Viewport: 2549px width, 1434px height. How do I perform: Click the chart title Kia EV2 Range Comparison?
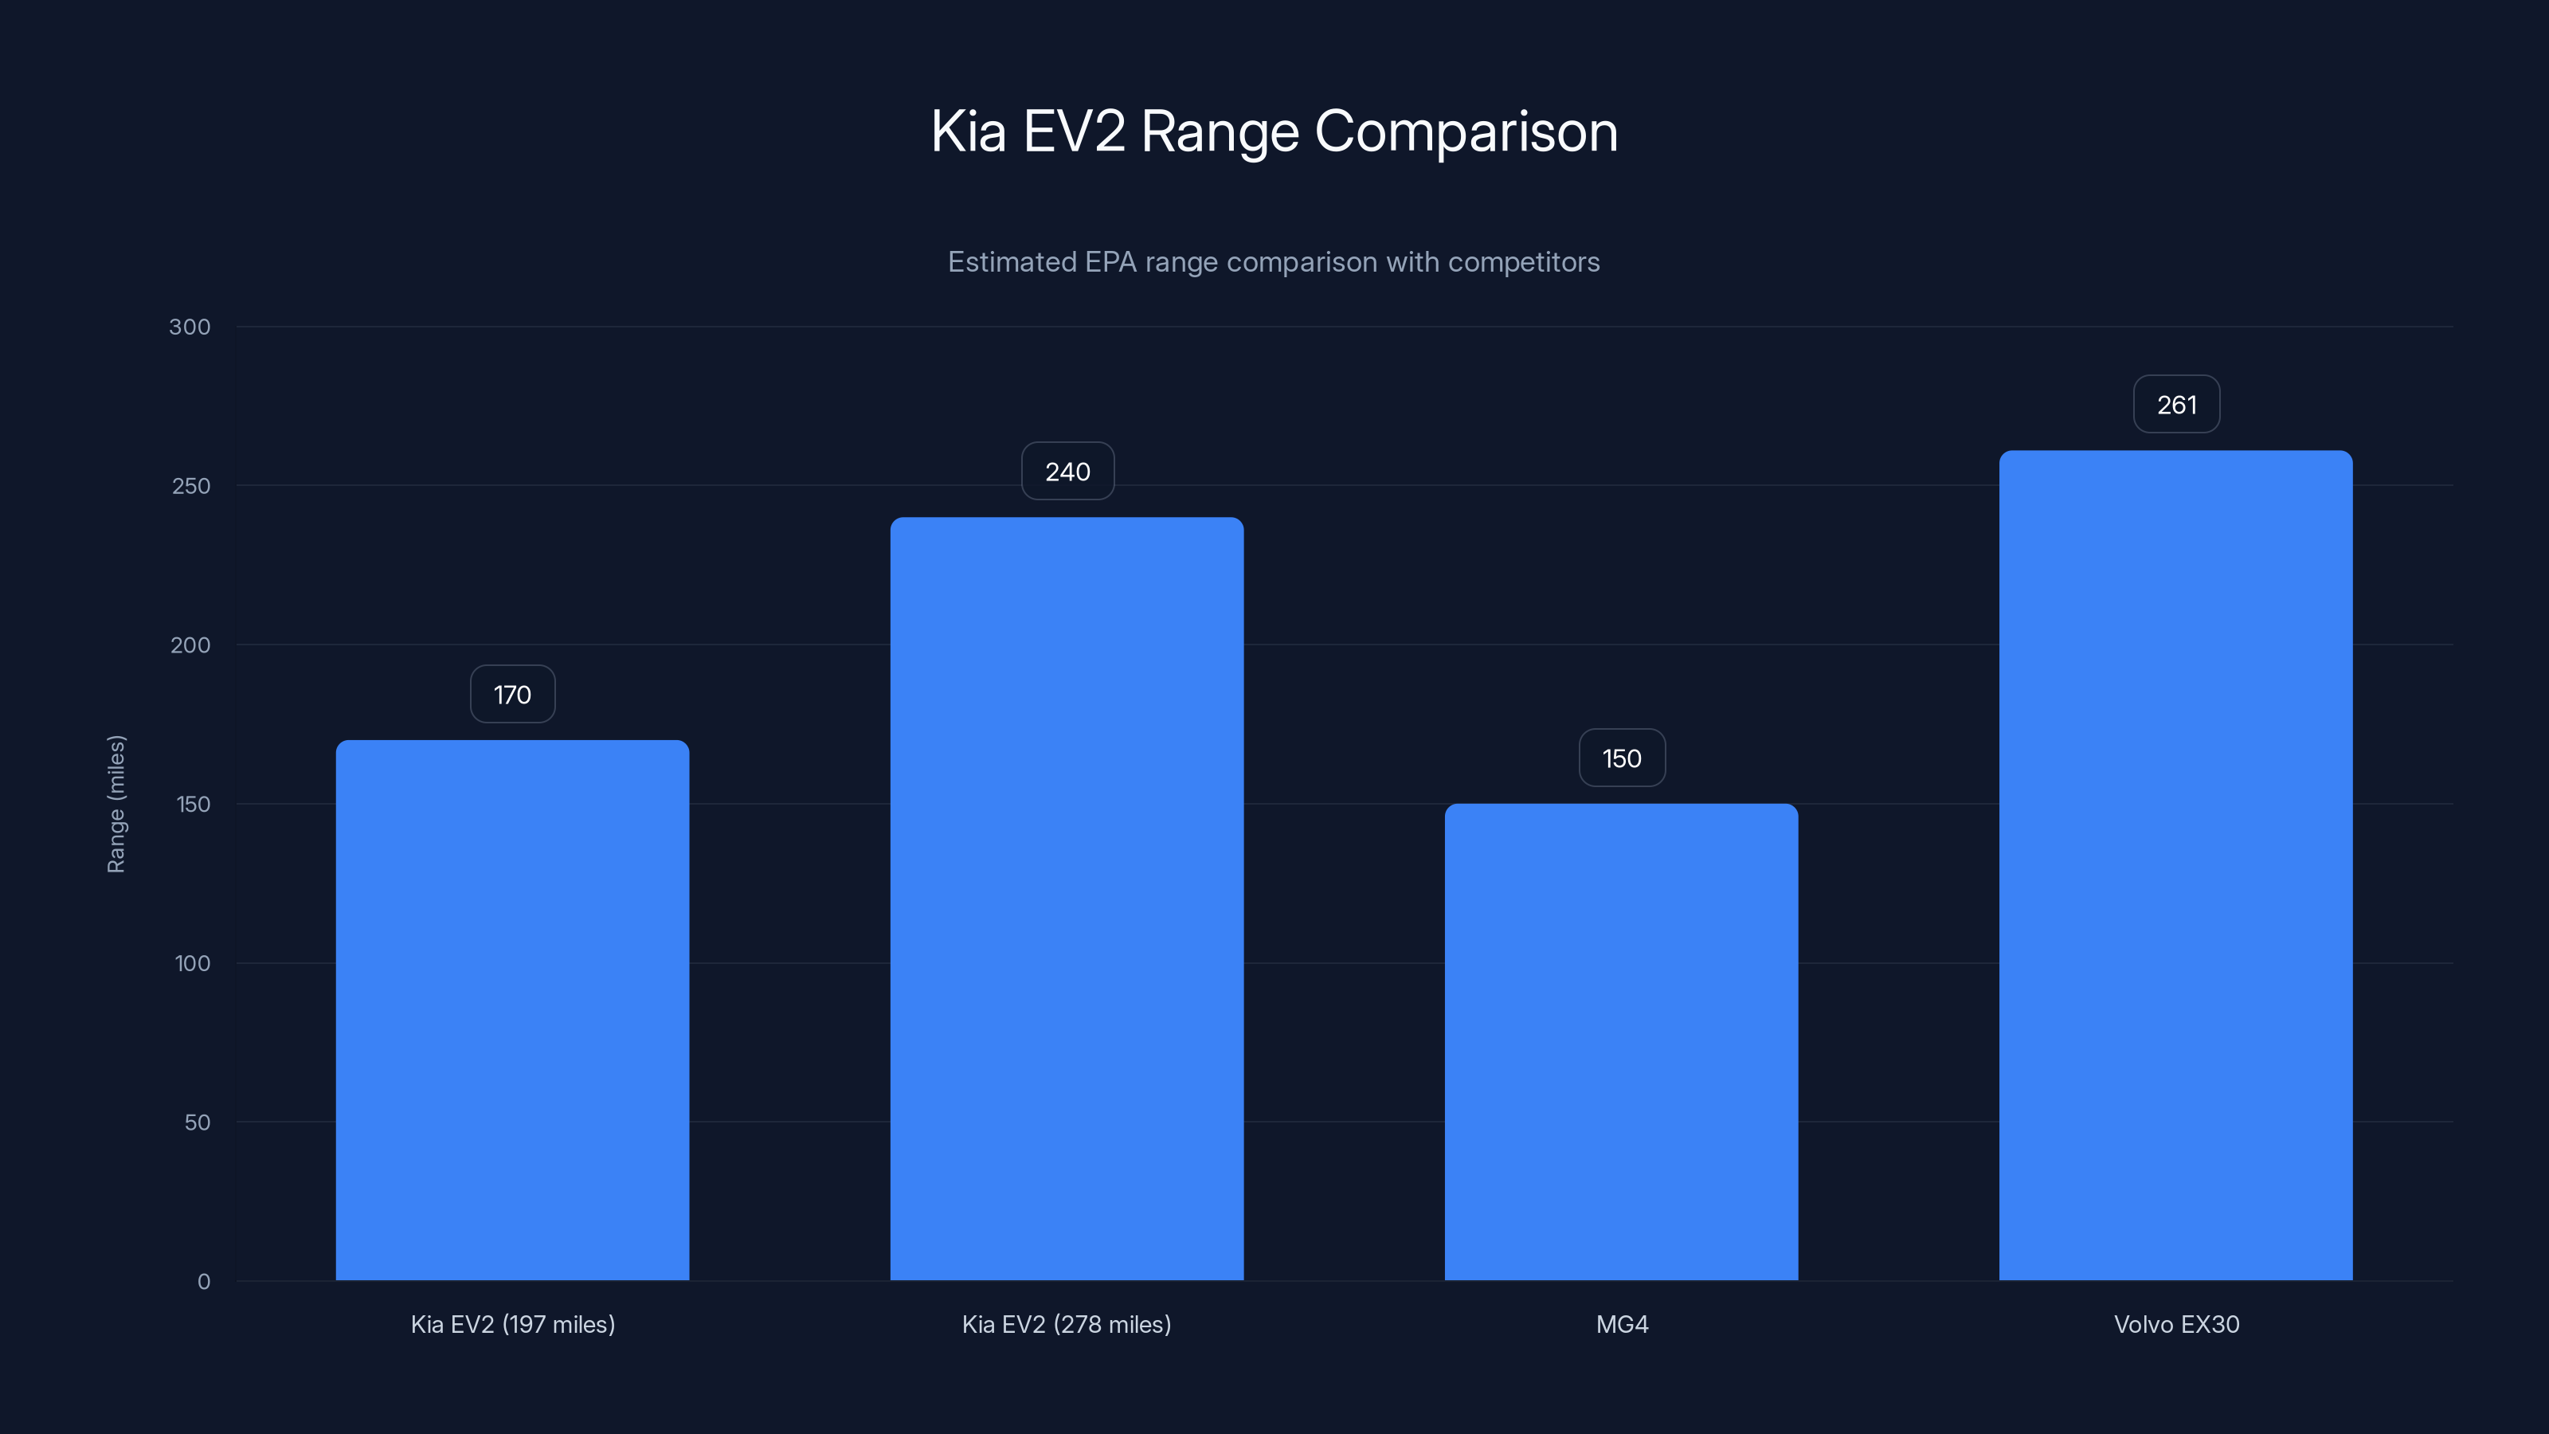click(1274, 131)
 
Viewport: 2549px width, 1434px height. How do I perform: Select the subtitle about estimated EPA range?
click(1274, 262)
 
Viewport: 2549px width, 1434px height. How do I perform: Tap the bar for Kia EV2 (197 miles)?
click(512, 1009)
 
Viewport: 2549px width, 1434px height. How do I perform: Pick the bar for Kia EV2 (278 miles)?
click(1067, 899)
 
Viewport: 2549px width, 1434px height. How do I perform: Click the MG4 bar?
click(1621, 1041)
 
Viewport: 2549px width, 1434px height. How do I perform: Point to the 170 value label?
click(512, 695)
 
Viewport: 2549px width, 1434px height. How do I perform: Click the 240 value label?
click(1067, 472)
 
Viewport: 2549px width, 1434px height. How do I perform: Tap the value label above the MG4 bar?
click(1622, 759)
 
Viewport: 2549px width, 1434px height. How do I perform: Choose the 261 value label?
click(2176, 405)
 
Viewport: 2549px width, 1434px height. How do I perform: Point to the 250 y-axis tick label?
click(191, 486)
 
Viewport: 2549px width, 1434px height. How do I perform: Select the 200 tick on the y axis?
click(190, 645)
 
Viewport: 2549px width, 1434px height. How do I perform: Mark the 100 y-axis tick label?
click(192, 964)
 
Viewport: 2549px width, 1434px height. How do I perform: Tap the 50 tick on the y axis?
click(197, 1123)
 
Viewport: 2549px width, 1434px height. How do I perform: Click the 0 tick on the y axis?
click(204, 1282)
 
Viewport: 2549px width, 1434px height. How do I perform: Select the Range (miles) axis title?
click(116, 804)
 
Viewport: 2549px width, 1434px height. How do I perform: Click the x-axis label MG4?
click(1622, 1324)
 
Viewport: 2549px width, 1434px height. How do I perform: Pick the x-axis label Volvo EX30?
click(2176, 1324)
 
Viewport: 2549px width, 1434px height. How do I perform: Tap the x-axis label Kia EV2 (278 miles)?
click(1067, 1324)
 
